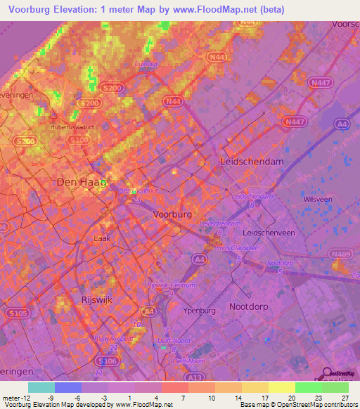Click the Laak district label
tap(101, 238)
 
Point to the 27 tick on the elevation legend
tap(344, 397)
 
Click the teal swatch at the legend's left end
tap(41, 387)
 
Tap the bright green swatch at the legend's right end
tap(335, 387)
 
